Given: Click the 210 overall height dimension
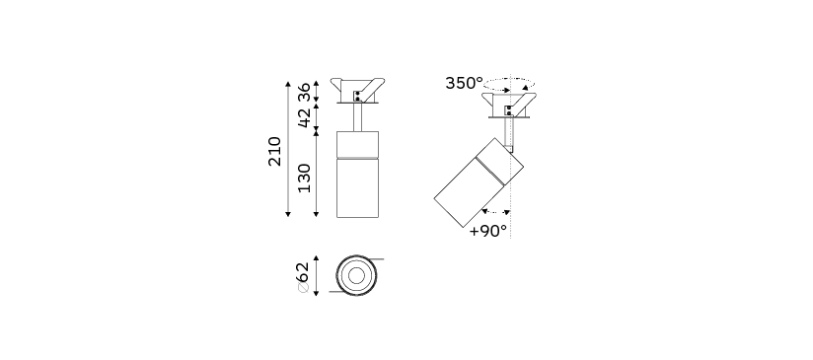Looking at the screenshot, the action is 275,151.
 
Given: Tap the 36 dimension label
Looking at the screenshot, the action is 304,92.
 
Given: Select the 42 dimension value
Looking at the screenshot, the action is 304,116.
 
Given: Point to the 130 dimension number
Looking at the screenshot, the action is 304,178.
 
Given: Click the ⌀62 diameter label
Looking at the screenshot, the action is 303,277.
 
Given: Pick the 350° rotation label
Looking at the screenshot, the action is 464,83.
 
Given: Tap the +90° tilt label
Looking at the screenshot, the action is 488,231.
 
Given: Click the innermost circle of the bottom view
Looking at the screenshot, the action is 356,275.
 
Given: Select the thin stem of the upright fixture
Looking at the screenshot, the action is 358,117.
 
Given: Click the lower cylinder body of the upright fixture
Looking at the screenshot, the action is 357,187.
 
